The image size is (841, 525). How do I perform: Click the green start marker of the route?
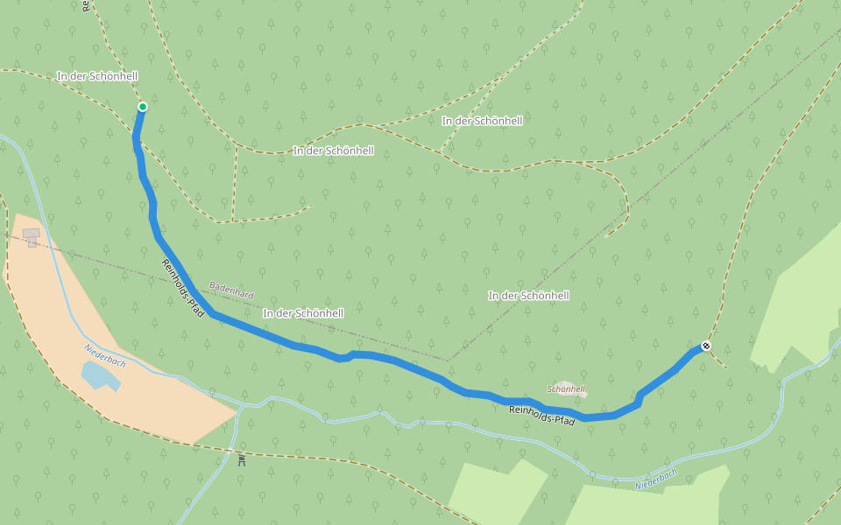point(142,107)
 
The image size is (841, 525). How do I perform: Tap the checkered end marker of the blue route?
point(706,346)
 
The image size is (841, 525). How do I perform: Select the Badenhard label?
point(231,290)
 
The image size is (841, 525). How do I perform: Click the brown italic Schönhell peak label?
point(566,388)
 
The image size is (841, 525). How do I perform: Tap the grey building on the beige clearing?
point(32,236)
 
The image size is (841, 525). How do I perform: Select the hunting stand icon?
point(242,458)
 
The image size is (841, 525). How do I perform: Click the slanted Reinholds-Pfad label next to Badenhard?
point(182,288)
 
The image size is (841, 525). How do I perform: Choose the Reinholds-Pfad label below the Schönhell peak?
point(541,416)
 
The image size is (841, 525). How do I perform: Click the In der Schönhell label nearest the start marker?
point(97,76)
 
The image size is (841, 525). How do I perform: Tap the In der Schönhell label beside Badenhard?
point(303,312)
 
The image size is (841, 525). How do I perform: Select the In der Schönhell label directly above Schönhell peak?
point(528,296)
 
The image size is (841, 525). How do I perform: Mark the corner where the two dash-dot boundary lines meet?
point(449,360)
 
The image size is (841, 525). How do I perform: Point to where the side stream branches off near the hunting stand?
point(239,408)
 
